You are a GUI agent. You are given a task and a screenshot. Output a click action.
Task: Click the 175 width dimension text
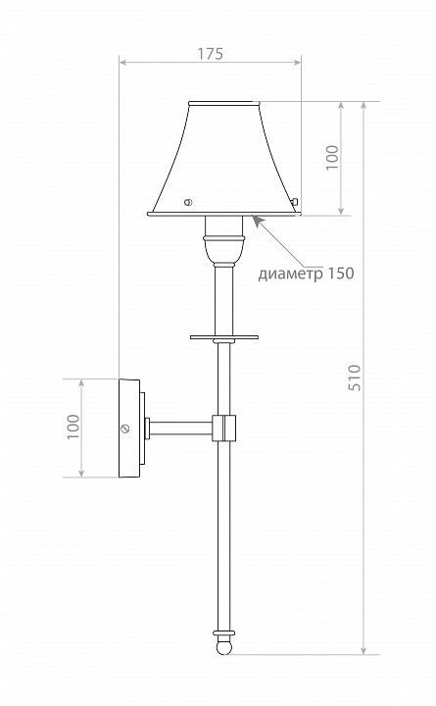pyautogui.click(x=210, y=55)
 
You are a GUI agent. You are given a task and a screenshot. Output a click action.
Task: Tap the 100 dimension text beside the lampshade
pyautogui.click(x=331, y=157)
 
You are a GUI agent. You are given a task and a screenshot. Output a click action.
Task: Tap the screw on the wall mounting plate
pyautogui.click(x=124, y=428)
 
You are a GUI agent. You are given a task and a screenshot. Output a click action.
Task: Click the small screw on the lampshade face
pyautogui.click(x=189, y=202)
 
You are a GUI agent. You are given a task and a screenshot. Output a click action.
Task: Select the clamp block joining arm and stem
pyautogui.click(x=225, y=428)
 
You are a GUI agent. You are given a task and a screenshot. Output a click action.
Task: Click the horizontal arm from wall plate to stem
pyautogui.click(x=180, y=428)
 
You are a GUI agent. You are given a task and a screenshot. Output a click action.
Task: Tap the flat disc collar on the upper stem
pyautogui.click(x=224, y=336)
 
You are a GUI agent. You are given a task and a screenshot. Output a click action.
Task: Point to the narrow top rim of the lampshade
pyautogui.click(x=225, y=102)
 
